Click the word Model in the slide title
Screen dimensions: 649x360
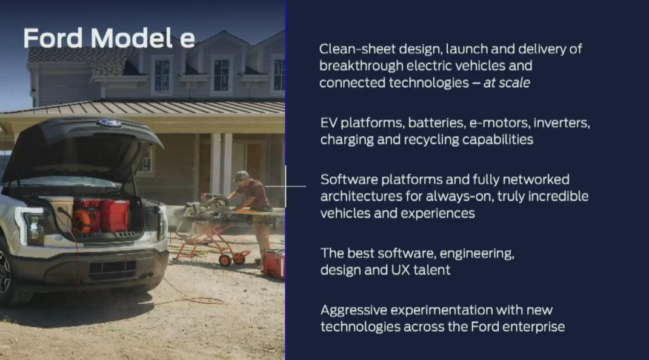[x=131, y=38]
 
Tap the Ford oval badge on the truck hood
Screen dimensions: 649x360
[x=109, y=123]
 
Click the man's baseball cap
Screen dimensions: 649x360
[x=241, y=176]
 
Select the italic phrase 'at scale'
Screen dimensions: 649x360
[x=507, y=83]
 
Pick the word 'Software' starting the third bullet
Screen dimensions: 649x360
[x=349, y=179]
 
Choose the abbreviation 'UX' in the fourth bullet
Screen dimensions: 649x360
[x=400, y=270]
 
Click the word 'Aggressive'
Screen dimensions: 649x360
[x=353, y=310]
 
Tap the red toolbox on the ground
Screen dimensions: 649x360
[x=273, y=264]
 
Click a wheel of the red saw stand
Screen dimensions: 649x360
[x=225, y=260]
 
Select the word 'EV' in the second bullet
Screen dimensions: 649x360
[x=328, y=123]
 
